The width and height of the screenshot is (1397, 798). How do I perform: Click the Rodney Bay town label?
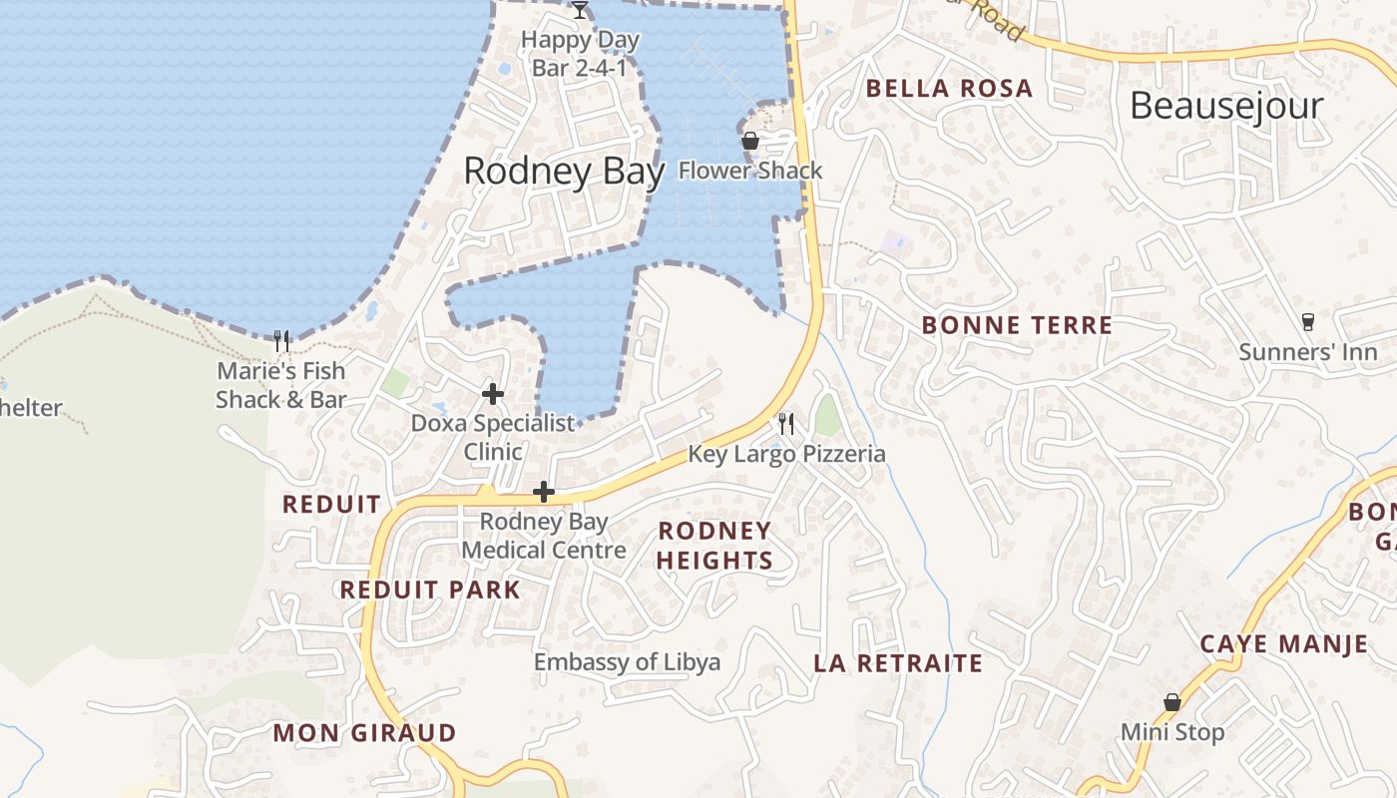click(564, 172)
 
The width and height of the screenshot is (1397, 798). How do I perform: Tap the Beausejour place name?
click(1226, 106)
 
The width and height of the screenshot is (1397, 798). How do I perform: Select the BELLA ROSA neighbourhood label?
click(949, 89)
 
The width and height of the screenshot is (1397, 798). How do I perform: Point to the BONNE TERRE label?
click(1017, 325)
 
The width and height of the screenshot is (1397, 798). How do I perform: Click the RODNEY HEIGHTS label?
click(714, 546)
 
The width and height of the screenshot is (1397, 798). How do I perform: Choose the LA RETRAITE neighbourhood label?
click(898, 663)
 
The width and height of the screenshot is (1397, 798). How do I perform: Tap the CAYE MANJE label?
click(1284, 644)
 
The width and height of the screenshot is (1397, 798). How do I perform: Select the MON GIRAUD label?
click(364, 733)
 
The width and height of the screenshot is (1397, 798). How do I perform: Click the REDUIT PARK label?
click(430, 590)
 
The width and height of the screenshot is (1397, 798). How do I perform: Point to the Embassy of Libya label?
click(627, 662)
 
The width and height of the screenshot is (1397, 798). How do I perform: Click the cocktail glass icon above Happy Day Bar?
click(580, 10)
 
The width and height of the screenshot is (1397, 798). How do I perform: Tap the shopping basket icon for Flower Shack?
click(750, 142)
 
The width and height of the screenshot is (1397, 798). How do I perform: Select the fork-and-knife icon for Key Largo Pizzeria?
click(786, 424)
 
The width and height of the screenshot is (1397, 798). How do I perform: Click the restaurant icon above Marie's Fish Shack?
click(281, 341)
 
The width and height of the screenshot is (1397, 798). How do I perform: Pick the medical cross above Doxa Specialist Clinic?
click(493, 394)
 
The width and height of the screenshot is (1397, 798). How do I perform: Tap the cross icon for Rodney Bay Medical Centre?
click(544, 492)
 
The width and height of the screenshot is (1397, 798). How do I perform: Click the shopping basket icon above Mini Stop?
click(1172, 702)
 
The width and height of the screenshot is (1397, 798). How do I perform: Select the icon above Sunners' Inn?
click(1307, 322)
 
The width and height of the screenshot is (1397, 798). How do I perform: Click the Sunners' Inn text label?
click(1307, 352)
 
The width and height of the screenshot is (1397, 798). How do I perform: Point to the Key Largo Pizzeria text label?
click(786, 455)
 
